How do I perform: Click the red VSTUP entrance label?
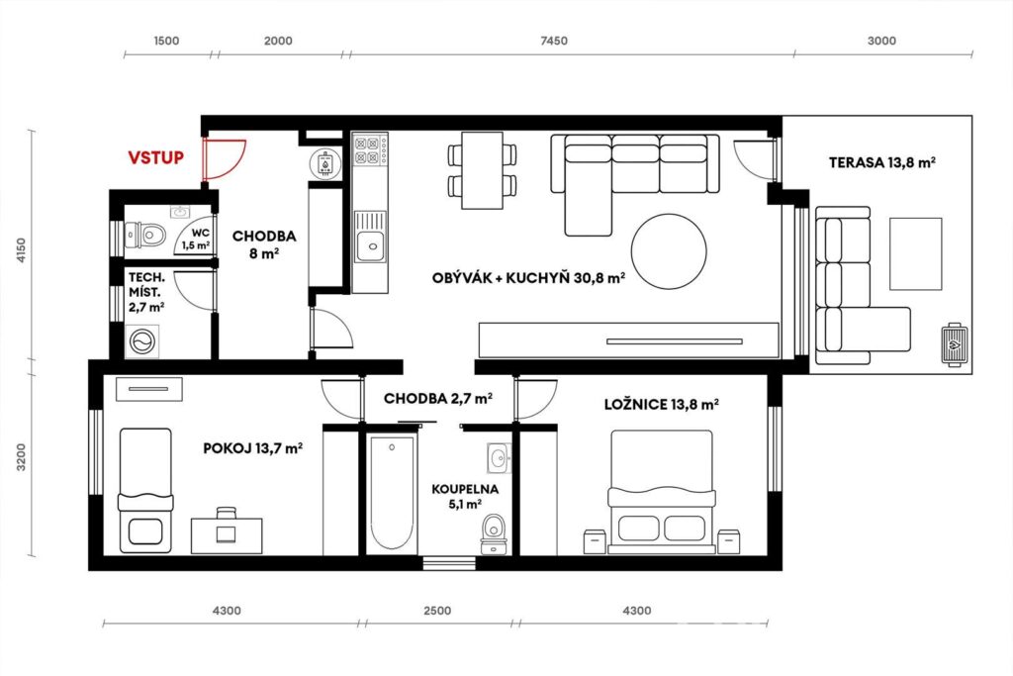click(155, 157)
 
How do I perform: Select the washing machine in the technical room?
click(142, 340)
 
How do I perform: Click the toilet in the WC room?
click(144, 234)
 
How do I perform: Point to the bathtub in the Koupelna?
click(392, 494)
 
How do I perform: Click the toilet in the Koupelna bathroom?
click(495, 533)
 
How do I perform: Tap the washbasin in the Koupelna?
click(499, 458)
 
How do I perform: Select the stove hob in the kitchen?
click(370, 150)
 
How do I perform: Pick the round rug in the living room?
click(669, 252)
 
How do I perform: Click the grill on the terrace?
click(954, 344)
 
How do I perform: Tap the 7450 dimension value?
click(554, 41)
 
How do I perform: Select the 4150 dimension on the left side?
click(22, 249)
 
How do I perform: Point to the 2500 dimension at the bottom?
click(437, 611)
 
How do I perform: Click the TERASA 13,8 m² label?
click(881, 162)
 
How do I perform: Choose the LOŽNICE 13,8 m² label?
click(662, 405)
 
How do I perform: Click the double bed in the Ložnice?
click(662, 492)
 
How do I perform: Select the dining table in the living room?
click(482, 170)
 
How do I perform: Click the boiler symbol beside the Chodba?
click(324, 163)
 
